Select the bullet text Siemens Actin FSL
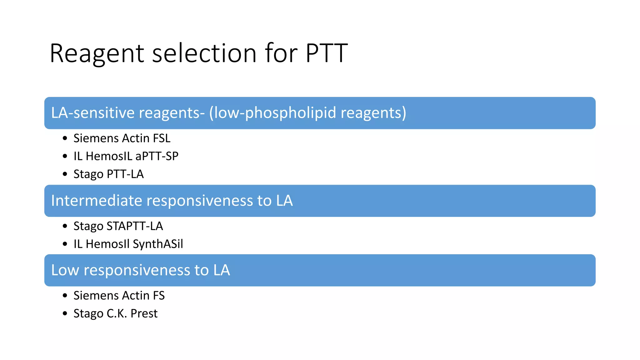coord(122,138)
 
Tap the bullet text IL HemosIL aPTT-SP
coord(126,156)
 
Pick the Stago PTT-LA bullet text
coord(108,174)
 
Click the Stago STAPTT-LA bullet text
coord(118,226)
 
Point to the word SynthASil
coord(158,244)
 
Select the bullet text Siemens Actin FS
coord(119,296)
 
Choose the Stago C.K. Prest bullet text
coord(115,313)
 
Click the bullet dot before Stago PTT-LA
coord(65,174)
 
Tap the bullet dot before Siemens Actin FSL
coord(65,138)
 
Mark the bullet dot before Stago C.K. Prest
coord(65,313)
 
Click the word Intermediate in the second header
coord(97,201)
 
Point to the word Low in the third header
coord(65,270)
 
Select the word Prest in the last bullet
coord(144,313)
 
